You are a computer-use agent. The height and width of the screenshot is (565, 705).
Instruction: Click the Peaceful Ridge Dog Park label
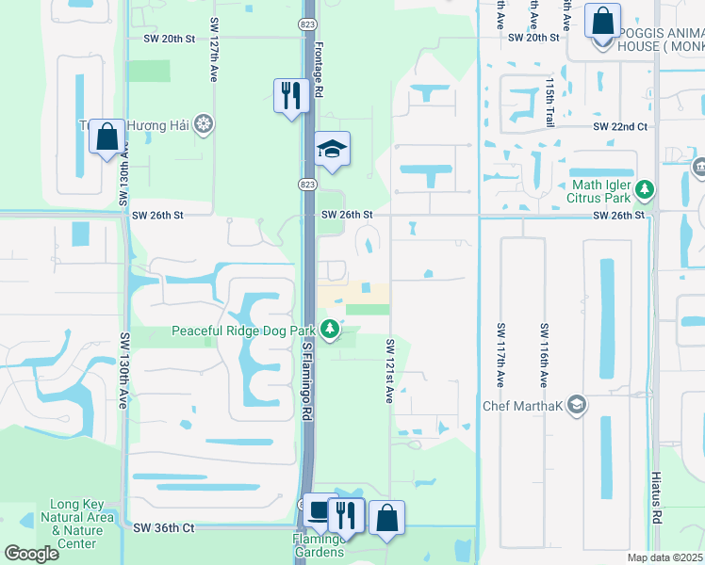click(243, 331)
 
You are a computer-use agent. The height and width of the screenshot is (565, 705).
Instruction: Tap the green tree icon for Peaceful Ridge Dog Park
click(329, 330)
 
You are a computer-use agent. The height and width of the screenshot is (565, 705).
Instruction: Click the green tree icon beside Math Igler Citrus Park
click(645, 190)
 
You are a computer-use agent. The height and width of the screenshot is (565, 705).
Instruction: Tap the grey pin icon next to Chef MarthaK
click(577, 406)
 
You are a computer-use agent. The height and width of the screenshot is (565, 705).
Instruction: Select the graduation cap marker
click(332, 149)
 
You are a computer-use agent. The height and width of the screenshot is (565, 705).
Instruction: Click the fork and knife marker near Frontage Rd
click(291, 95)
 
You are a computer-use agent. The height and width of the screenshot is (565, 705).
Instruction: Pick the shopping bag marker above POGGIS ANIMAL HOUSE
click(601, 20)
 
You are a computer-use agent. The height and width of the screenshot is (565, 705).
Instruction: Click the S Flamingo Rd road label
click(307, 381)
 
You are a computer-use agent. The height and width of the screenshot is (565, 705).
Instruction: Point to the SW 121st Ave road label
click(388, 371)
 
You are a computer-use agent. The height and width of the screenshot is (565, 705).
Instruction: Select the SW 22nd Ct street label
click(619, 126)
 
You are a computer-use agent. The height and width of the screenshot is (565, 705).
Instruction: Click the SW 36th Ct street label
click(164, 528)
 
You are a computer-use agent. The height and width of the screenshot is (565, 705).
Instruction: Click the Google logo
click(31, 554)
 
